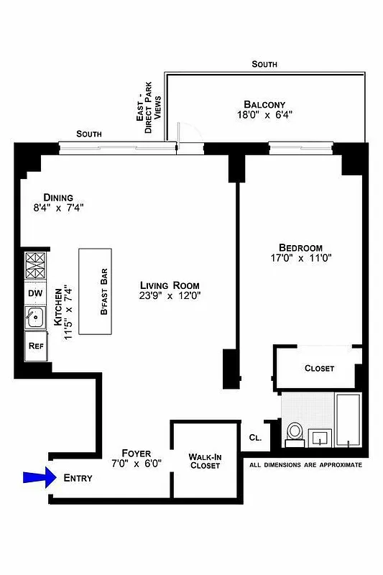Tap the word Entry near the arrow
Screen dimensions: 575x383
[x=78, y=478]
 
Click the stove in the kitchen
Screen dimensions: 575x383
[x=35, y=267]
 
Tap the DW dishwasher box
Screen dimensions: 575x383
[x=35, y=293]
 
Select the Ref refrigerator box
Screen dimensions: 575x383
[x=35, y=346]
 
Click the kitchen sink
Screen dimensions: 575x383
[x=34, y=317]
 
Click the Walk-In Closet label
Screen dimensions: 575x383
[x=204, y=461]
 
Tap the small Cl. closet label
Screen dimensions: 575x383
[x=254, y=437]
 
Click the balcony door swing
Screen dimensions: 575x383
[x=187, y=137]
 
